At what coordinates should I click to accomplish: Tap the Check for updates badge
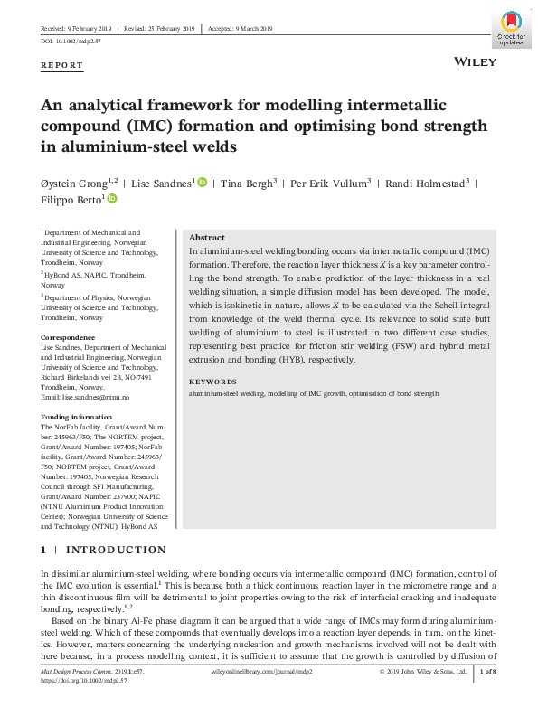click(510, 28)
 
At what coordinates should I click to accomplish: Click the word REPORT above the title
click(62, 66)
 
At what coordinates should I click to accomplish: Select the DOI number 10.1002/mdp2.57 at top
click(84, 42)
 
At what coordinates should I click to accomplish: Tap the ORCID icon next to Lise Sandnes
click(202, 183)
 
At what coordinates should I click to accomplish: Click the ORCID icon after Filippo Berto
click(112, 199)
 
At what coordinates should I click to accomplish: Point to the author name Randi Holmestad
click(425, 184)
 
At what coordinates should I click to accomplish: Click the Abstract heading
click(206, 236)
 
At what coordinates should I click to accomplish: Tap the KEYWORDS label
click(212, 382)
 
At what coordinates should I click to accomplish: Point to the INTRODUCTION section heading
click(116, 550)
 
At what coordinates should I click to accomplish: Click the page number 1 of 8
click(487, 672)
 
